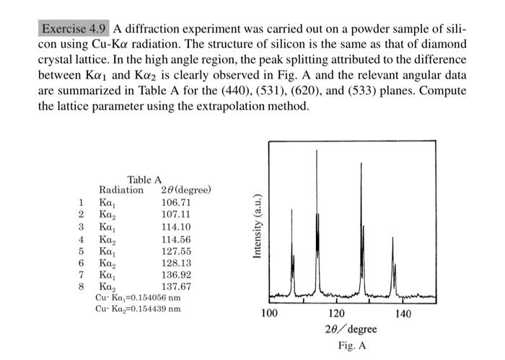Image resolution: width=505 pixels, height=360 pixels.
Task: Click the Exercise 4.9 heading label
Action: click(73, 30)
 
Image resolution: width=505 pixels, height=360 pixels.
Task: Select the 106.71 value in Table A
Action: click(175, 203)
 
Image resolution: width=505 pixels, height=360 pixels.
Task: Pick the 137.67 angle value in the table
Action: click(175, 286)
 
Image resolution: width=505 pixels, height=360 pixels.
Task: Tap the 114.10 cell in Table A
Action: click(175, 227)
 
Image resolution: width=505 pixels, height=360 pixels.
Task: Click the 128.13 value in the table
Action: click(175, 263)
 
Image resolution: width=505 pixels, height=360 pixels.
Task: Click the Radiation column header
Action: click(121, 190)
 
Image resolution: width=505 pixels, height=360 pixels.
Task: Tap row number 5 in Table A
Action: click(82, 250)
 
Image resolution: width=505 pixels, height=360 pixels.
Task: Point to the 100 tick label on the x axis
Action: click(269, 315)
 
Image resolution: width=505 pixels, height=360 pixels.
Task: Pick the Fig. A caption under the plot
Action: click(351, 346)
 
